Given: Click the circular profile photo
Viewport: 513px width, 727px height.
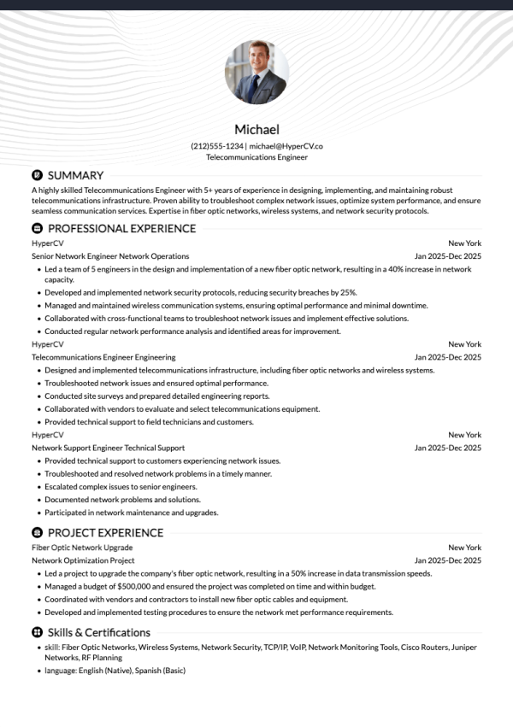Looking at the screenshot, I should click(256, 73).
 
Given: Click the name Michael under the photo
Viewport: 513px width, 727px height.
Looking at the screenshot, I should click(256, 130).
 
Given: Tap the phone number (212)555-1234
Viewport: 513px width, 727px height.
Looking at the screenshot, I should click(216, 146).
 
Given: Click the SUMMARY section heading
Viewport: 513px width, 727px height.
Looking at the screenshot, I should click(75, 175).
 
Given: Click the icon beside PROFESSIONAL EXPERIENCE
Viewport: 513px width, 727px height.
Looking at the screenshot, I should click(37, 228).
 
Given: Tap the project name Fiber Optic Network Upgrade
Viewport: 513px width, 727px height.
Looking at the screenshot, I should click(82, 548).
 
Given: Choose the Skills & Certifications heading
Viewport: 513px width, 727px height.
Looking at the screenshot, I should click(98, 632).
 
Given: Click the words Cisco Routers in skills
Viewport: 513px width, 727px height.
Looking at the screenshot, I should click(423, 648).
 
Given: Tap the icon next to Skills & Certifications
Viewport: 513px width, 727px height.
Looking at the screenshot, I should click(37, 632).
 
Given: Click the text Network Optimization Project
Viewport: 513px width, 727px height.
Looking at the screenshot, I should click(83, 560).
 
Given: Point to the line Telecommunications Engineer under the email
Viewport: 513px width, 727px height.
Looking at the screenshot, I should click(256, 157).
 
